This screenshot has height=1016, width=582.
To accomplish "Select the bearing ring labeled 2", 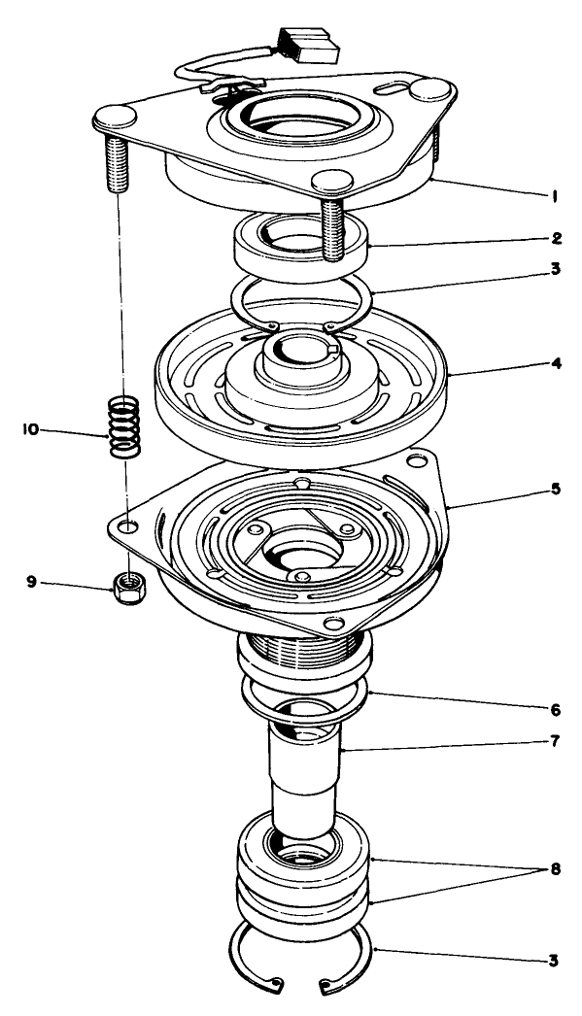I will click(301, 244).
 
